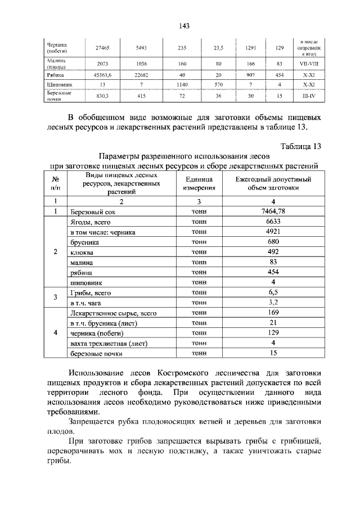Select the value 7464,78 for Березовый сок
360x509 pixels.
(273, 211)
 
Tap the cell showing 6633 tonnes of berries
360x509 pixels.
(273, 222)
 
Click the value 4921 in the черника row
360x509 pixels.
(273, 232)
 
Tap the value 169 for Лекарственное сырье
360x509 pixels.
(273, 313)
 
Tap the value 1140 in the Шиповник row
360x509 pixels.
(182, 84)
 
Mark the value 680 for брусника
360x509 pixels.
(273, 242)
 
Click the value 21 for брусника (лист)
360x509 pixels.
(273, 323)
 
